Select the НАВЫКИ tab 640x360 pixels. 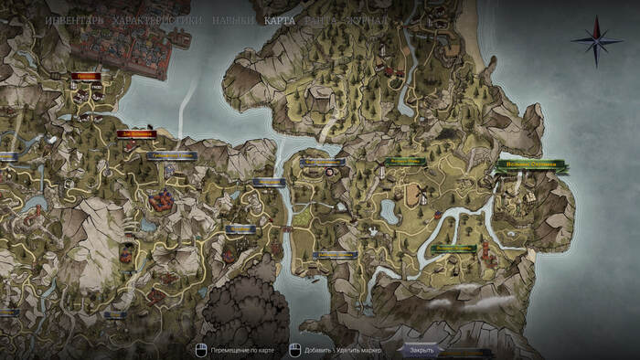point(232,19)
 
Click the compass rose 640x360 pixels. point(591,40)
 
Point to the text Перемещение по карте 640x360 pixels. point(241,349)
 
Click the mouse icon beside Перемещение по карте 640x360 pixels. point(200,349)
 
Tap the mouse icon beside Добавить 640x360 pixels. point(294,349)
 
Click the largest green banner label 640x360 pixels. point(530,167)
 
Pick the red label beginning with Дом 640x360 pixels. point(136,134)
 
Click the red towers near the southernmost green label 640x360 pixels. point(485,252)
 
